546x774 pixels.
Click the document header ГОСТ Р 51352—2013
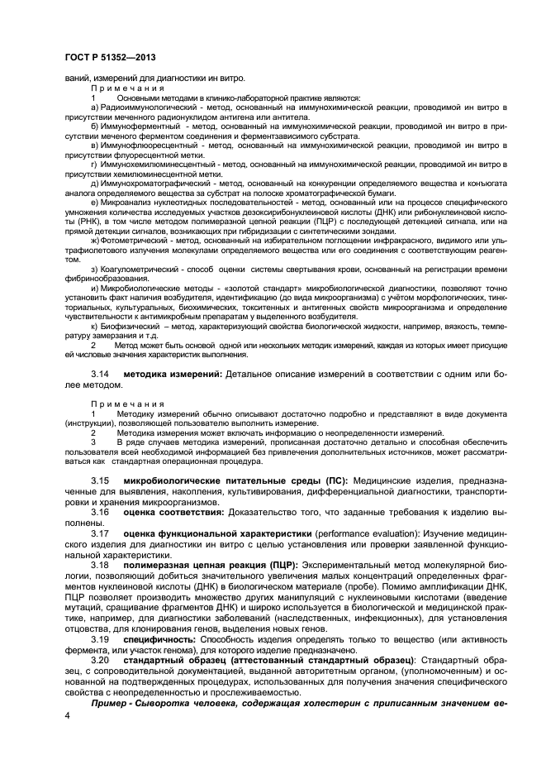click(107, 55)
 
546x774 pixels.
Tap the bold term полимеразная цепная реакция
click(198, 564)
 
